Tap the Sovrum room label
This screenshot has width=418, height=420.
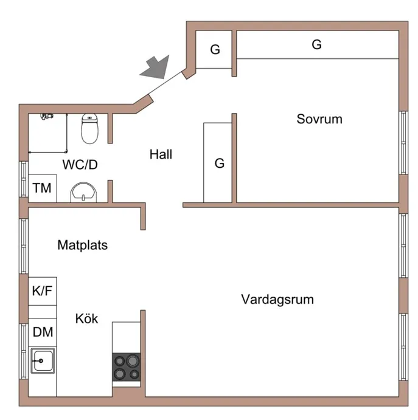(319, 119)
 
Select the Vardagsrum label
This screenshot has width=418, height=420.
(277, 300)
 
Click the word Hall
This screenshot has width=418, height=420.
(161, 155)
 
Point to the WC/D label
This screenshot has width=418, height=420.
(80, 164)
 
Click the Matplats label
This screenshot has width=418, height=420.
(82, 246)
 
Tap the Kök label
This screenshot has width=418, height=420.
(86, 318)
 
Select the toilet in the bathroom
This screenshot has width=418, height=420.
(89, 128)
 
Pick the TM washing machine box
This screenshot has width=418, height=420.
(42, 188)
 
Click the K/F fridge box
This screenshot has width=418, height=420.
(42, 291)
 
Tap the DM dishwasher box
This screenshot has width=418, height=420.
(43, 332)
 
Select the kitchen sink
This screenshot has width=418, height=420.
(43, 362)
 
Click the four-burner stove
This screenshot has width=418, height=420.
(127, 367)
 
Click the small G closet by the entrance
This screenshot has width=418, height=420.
(214, 50)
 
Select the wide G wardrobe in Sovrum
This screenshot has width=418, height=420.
(316, 44)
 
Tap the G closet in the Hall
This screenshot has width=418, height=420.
(218, 162)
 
